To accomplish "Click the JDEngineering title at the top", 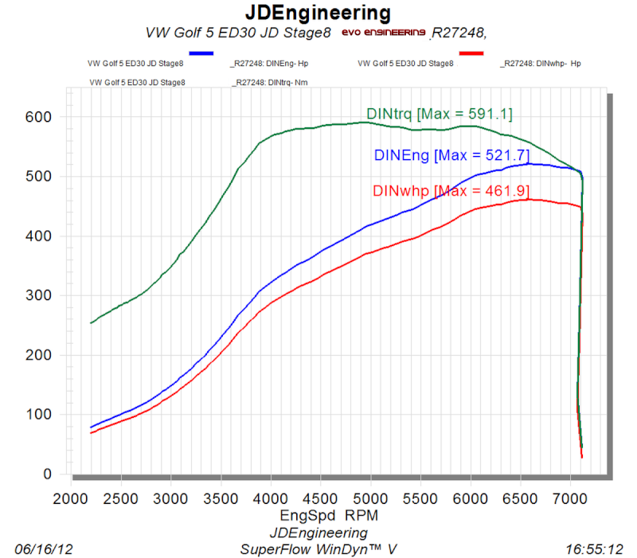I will coord(318,13).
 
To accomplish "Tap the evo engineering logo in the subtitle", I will coord(384,33).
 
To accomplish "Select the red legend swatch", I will coord(471,53).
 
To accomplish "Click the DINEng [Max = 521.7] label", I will coord(451,155).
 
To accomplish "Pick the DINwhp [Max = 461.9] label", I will coord(451,191).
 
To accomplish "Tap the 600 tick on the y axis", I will coord(42,117).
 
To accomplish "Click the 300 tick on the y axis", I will coord(42,295).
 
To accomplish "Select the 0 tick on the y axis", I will coord(49,474).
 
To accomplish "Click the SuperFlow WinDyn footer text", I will coord(318,549).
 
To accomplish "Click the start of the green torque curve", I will coord(92,322).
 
